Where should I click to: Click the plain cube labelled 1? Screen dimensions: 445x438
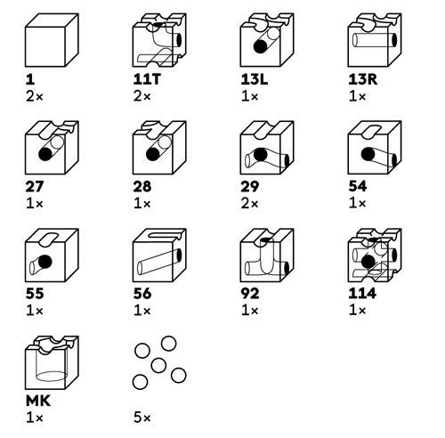(x=52, y=40)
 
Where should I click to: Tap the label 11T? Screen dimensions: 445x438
(x=147, y=79)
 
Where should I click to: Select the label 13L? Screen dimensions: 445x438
(x=255, y=79)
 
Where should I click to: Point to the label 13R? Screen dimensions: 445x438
(x=363, y=79)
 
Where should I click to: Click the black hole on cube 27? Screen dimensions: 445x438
(x=45, y=154)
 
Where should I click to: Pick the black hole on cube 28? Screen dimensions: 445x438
(x=153, y=154)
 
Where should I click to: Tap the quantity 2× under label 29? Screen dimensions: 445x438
(x=249, y=204)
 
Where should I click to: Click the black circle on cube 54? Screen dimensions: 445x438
(x=368, y=154)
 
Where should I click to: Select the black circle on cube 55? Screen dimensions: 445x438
(x=45, y=262)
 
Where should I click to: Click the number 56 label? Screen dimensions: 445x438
(x=142, y=294)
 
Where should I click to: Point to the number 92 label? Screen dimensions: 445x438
(x=250, y=294)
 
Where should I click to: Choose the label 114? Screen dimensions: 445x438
(x=362, y=294)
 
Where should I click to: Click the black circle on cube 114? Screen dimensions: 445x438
(x=368, y=262)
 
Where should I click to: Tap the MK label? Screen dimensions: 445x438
(x=38, y=401)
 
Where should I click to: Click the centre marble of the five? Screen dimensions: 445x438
(x=158, y=365)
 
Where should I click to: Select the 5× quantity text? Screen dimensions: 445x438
(x=142, y=418)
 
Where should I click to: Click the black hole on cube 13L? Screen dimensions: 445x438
(x=261, y=46)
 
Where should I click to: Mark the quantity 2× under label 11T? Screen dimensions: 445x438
(x=142, y=96)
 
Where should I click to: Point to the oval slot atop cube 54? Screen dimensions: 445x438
(x=371, y=131)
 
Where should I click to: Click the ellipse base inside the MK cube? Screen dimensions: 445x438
(x=52, y=376)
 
